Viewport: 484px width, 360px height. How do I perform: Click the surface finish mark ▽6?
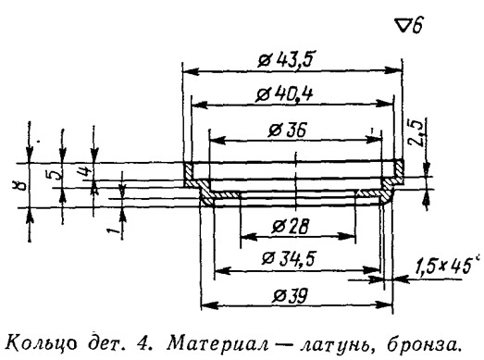410,27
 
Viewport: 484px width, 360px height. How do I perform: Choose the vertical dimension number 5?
56,176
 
